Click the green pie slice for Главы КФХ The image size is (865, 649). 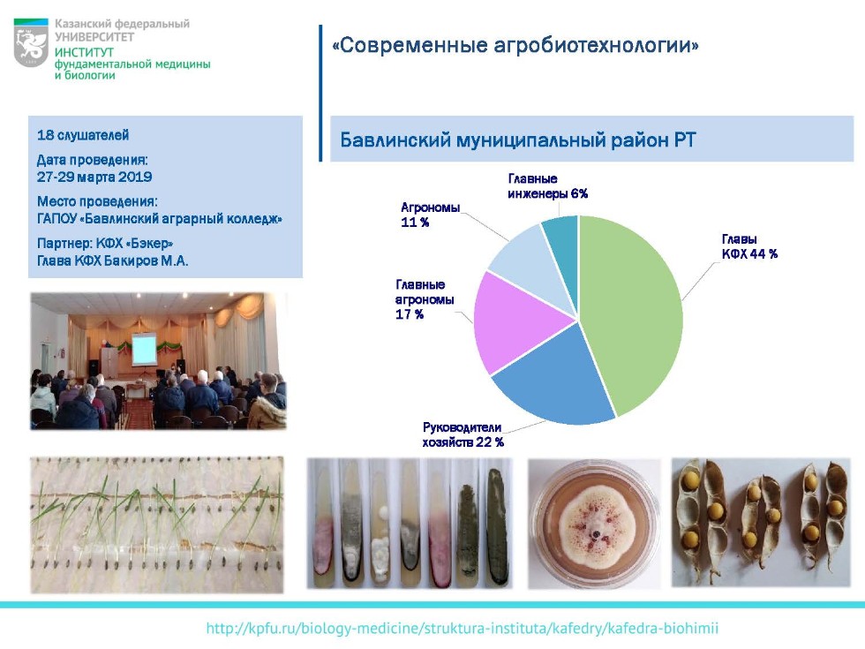click(631, 309)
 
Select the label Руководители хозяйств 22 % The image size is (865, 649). click(463, 434)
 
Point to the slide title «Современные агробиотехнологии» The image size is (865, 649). click(515, 45)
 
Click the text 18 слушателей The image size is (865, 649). click(83, 135)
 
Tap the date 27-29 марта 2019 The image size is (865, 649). click(94, 177)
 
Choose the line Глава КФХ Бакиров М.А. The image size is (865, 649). click(113, 260)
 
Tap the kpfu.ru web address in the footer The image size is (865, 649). click(462, 629)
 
